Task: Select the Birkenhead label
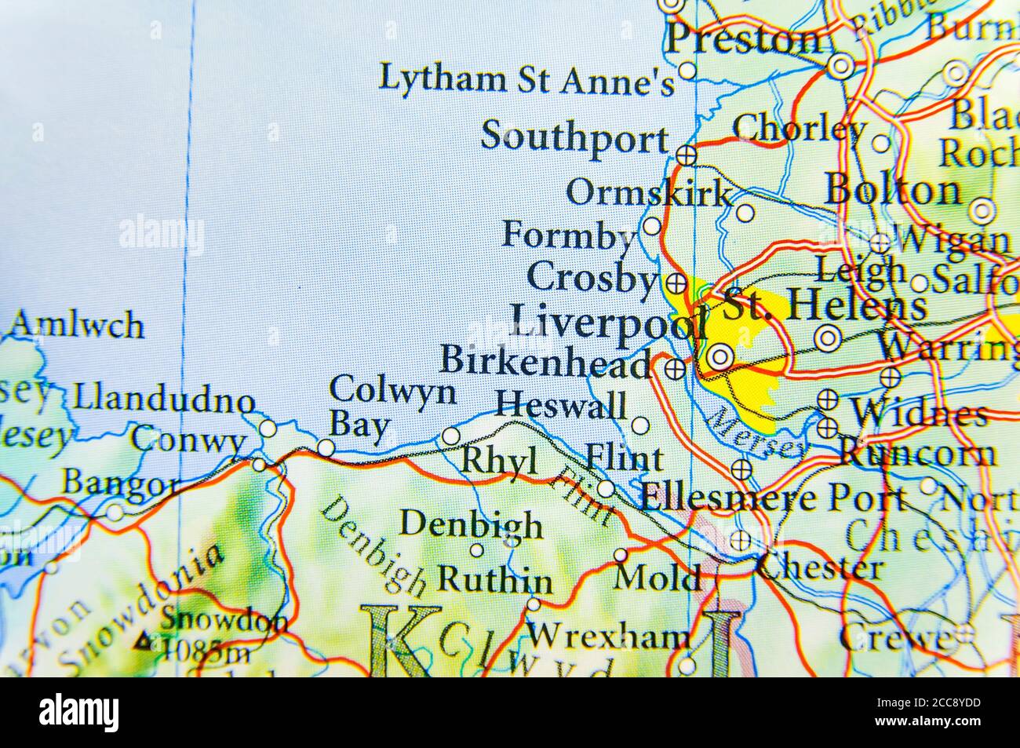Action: tap(546, 361)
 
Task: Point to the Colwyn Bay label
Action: tap(391, 407)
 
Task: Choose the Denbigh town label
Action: tap(471, 524)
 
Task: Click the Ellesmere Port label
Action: tap(773, 498)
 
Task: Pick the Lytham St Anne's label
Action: tap(526, 79)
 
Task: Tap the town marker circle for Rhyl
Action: tap(451, 436)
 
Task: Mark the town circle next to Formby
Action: tap(652, 227)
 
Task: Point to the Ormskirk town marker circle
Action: tap(745, 212)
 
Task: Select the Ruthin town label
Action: tap(494, 580)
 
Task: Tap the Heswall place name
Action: tap(562, 406)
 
